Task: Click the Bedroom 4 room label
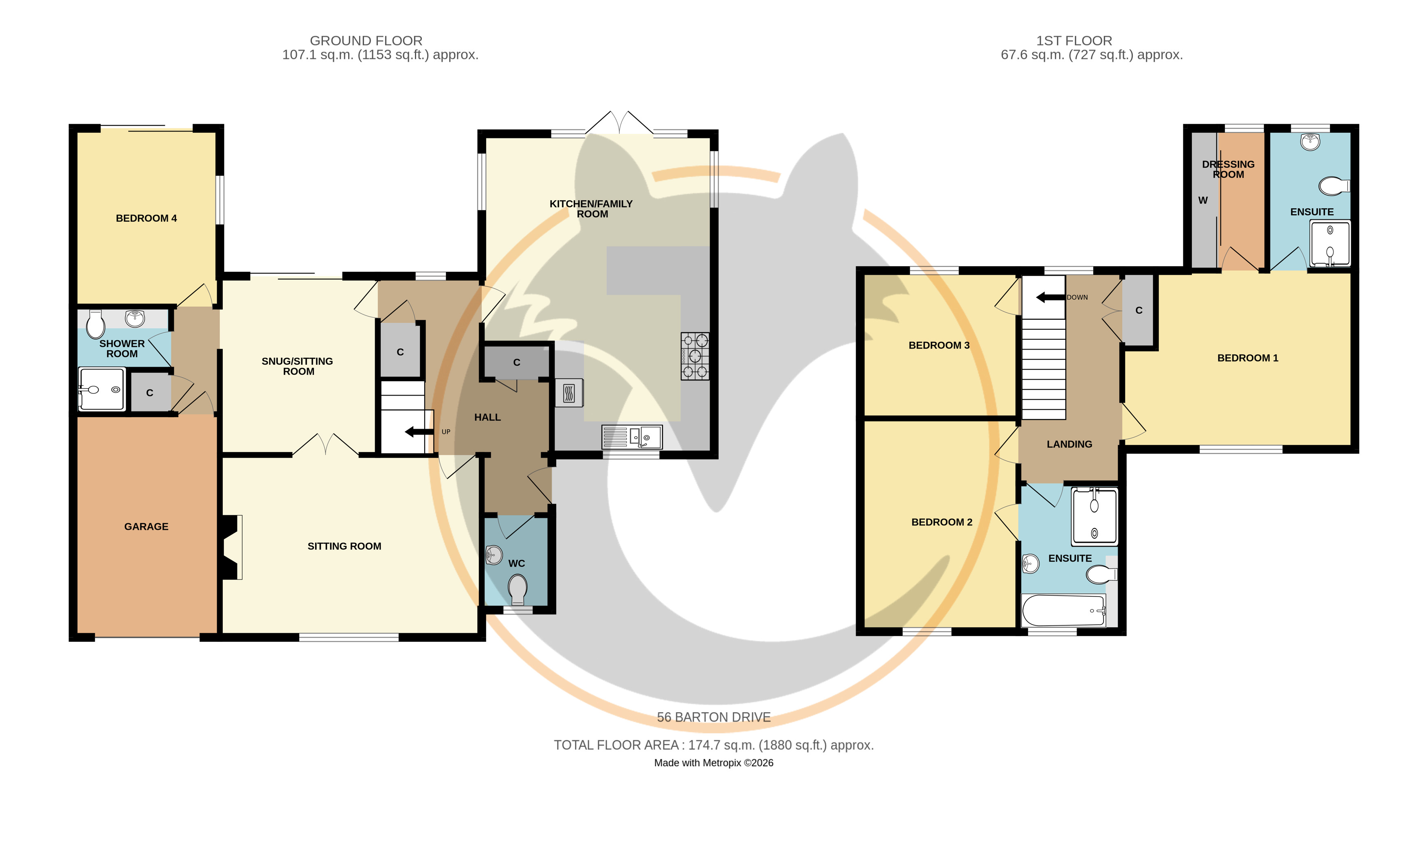[146, 219]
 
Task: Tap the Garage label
[146, 527]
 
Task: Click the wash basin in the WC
[493, 555]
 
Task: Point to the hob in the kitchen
[695, 356]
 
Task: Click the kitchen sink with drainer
[632, 437]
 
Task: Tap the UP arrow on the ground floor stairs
[419, 431]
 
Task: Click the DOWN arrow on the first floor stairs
[1050, 297]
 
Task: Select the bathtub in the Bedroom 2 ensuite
[1064, 610]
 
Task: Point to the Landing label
[1069, 444]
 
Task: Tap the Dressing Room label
[1228, 169]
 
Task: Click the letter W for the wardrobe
[1203, 201]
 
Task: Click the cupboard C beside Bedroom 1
[1139, 311]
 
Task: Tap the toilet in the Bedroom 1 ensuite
[1334, 186]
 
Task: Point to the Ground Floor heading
[366, 41]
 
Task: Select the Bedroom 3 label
[939, 345]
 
